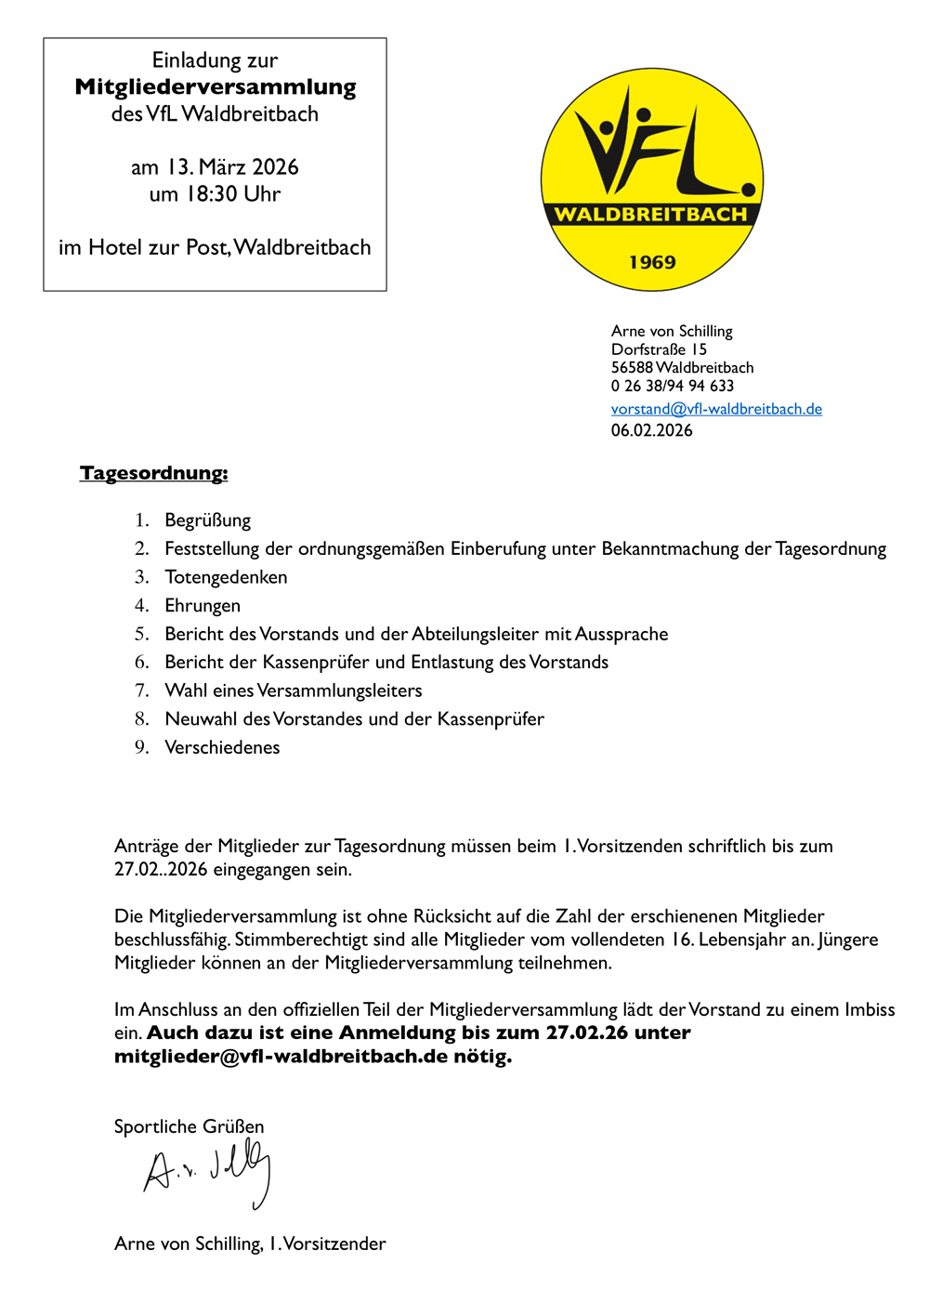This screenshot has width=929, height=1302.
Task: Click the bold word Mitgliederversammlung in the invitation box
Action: pyautogui.click(x=216, y=87)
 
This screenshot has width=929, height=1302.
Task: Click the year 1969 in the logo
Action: pyautogui.click(x=652, y=262)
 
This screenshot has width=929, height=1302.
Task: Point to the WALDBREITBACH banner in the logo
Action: pyautogui.click(x=651, y=215)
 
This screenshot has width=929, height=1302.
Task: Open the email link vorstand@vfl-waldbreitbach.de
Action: pyautogui.click(x=716, y=409)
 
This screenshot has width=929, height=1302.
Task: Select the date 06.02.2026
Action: pyautogui.click(x=651, y=430)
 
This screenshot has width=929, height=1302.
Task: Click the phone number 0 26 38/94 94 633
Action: pyautogui.click(x=673, y=386)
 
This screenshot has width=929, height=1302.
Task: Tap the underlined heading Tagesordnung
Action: pyautogui.click(x=153, y=473)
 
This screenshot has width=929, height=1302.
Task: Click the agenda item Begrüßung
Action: pyautogui.click(x=207, y=520)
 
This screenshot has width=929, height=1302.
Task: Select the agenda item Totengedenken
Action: pyautogui.click(x=226, y=577)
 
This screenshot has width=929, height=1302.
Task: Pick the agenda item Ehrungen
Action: pyautogui.click(x=203, y=606)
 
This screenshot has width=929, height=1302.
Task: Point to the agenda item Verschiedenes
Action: pyautogui.click(x=222, y=747)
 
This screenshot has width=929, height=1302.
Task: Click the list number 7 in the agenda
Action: pyautogui.click(x=141, y=690)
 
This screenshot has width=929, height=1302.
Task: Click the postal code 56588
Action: pyautogui.click(x=632, y=368)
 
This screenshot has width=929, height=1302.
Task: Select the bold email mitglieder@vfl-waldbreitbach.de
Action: pyautogui.click(x=281, y=1057)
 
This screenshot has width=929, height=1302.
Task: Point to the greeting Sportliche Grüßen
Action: pyautogui.click(x=189, y=1126)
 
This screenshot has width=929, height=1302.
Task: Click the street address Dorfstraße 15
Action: pyautogui.click(x=659, y=349)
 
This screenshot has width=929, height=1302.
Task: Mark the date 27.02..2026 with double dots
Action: pyautogui.click(x=161, y=870)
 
